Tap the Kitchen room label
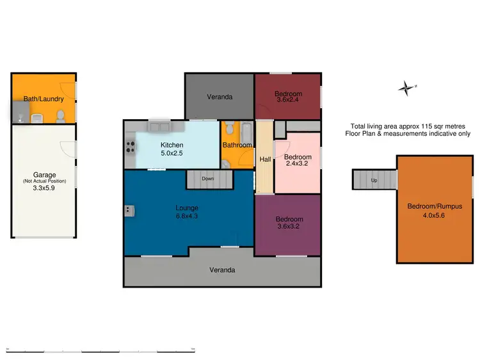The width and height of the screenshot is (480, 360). point(172,145)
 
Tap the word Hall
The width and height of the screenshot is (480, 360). point(264,160)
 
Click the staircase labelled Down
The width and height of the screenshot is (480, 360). point(208,179)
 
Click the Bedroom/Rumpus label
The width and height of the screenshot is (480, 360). point(435,206)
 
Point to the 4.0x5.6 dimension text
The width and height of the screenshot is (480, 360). point(435,215)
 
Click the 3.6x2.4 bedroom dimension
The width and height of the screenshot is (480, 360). point(289,100)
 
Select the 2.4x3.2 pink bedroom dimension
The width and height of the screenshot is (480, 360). point(298,164)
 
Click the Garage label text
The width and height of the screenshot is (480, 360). point(44,174)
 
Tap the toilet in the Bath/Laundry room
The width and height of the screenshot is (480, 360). point(60,116)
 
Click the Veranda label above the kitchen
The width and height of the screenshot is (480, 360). point(219,97)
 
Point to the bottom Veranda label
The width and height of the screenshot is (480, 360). point(222,270)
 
